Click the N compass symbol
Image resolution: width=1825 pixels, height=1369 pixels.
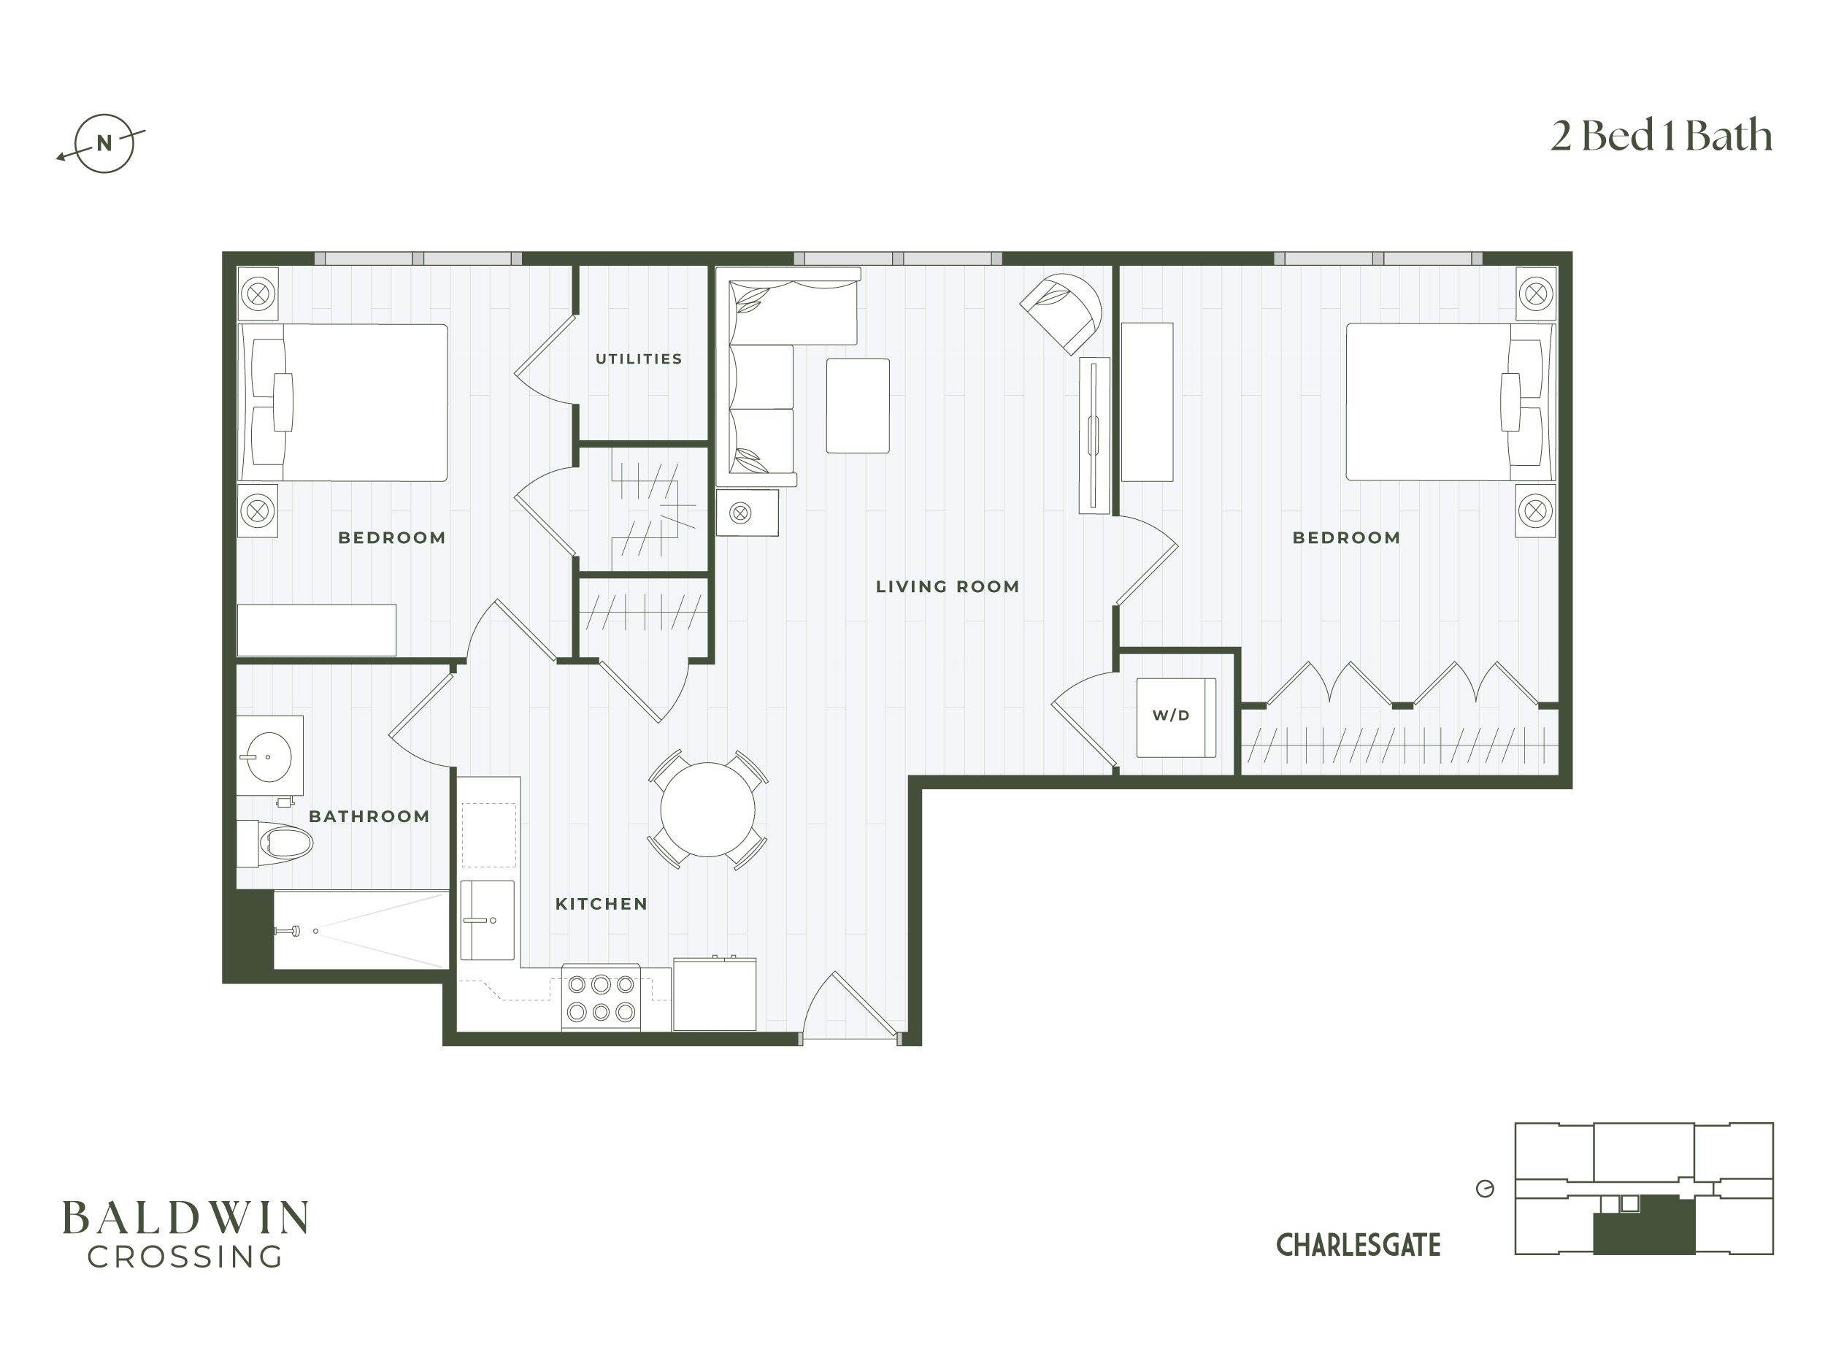tap(103, 144)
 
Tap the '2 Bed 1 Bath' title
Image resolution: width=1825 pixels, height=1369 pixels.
tap(1661, 136)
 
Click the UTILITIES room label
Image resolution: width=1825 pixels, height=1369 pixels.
tap(639, 359)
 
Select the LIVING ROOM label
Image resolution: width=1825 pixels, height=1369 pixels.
tap(947, 587)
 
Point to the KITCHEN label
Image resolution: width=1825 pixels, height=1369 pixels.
tap(602, 904)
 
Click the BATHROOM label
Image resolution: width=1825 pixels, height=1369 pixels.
tap(369, 816)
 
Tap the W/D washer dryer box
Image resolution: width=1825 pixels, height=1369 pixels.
tap(1176, 717)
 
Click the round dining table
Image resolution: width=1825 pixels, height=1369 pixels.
tap(708, 810)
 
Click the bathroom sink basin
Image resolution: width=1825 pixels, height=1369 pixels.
tap(267, 756)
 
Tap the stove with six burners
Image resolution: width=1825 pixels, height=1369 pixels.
tap(601, 997)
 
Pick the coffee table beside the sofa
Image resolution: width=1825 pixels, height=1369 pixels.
tap(858, 405)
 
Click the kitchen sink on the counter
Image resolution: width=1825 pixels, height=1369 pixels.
tap(487, 920)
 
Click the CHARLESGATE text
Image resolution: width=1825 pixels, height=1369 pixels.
tap(1358, 1245)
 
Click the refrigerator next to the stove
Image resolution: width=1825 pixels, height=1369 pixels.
tap(715, 994)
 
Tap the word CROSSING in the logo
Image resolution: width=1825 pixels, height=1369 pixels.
tap(185, 1257)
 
